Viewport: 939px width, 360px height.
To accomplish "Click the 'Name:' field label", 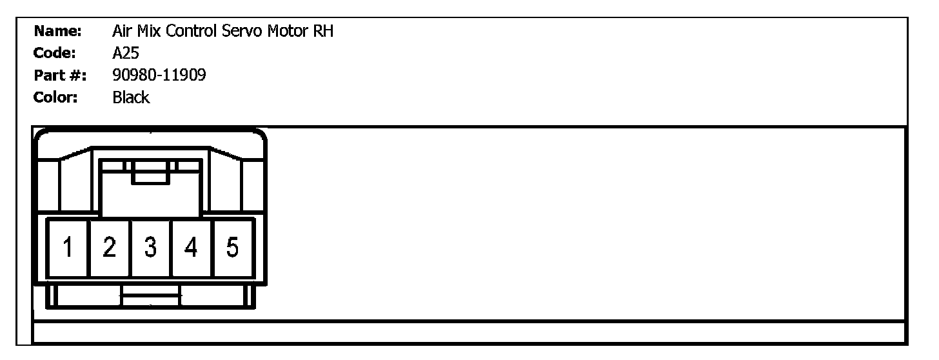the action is [57, 31].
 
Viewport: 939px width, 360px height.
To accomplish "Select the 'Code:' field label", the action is [55, 53].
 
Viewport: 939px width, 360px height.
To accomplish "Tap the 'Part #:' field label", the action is [59, 75].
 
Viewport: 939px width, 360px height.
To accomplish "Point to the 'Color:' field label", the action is [56, 98].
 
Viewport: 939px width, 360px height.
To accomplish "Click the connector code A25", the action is [125, 53].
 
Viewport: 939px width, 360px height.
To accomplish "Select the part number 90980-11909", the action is [159, 75].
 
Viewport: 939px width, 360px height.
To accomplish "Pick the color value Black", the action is [130, 98].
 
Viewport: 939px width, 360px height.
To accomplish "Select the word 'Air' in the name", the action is [122, 31].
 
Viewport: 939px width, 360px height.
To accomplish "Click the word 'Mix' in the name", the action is [149, 31].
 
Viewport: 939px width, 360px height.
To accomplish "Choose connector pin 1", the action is [67, 248].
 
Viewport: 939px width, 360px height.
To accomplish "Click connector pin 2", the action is [109, 248].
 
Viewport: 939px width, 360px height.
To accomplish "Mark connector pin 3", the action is [150, 248].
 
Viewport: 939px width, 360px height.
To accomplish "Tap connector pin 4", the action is [191, 248].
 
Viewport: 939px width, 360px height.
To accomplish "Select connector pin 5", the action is [233, 248].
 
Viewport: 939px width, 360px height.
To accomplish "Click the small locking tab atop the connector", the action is [151, 172].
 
